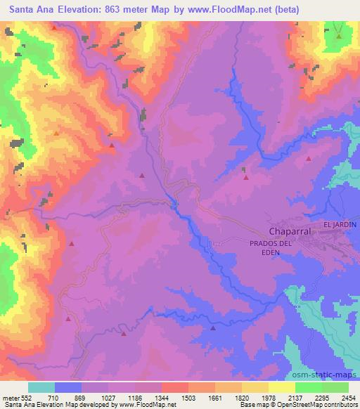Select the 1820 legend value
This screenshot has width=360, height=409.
coord(242,398)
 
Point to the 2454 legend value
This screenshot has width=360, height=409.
coord(349,398)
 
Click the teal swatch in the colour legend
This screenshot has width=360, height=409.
coord(41,387)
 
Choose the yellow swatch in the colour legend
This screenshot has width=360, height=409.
coord(255,387)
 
